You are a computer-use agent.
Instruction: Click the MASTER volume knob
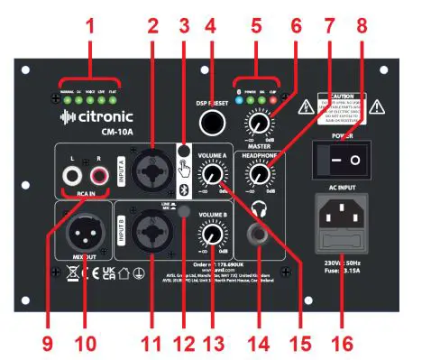click(261, 124)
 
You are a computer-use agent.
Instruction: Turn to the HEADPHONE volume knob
click(261, 174)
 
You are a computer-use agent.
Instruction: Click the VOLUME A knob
click(213, 174)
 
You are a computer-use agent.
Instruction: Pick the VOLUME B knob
click(213, 234)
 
